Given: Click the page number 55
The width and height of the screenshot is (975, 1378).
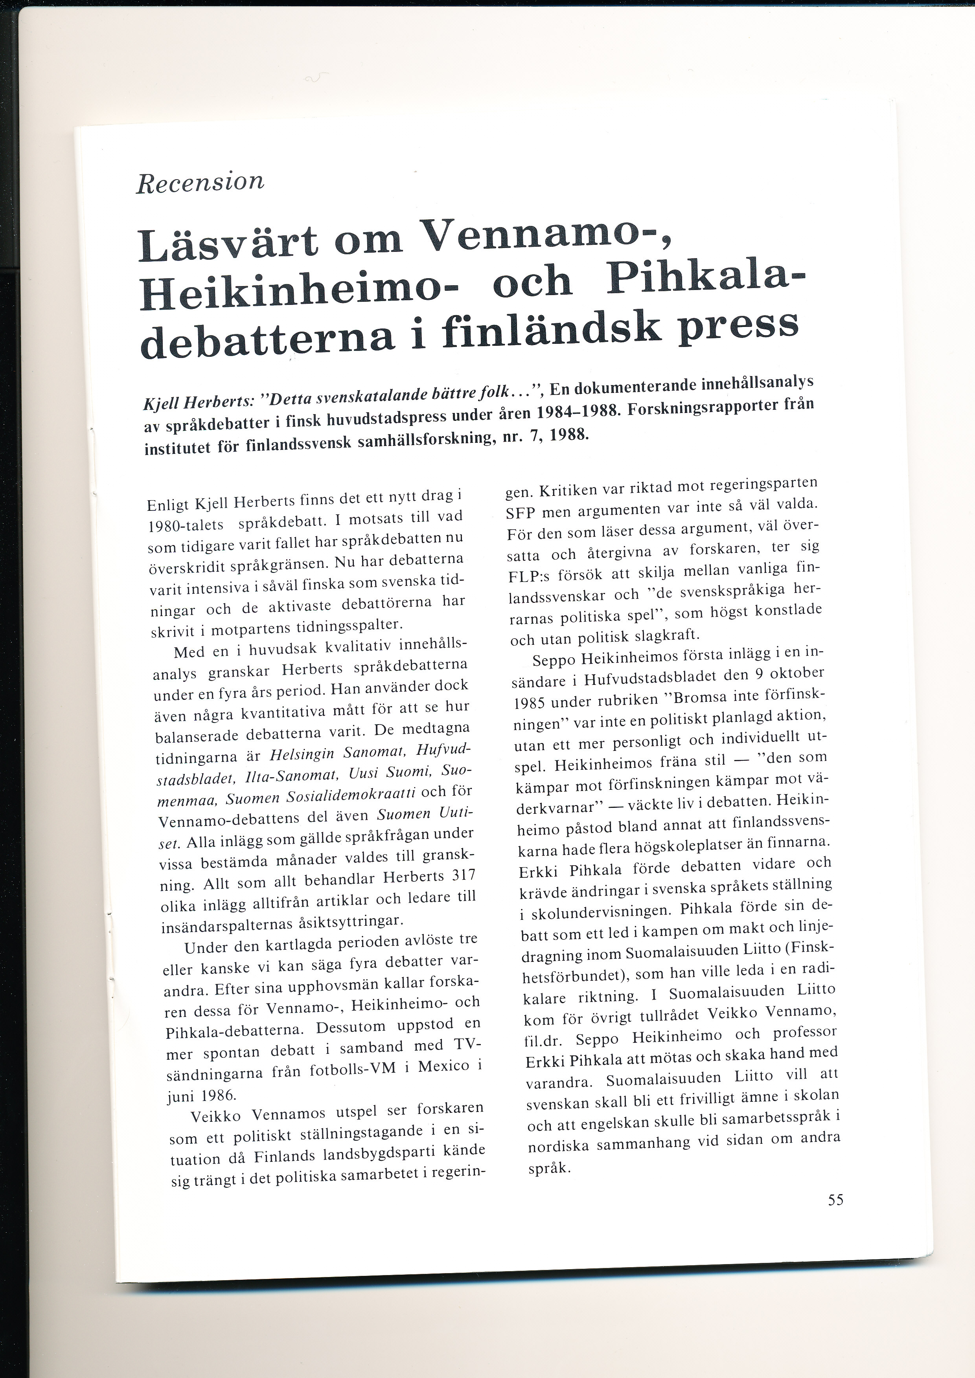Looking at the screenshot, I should click(x=835, y=1200).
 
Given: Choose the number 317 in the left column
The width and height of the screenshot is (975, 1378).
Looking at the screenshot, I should click(x=462, y=876).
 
